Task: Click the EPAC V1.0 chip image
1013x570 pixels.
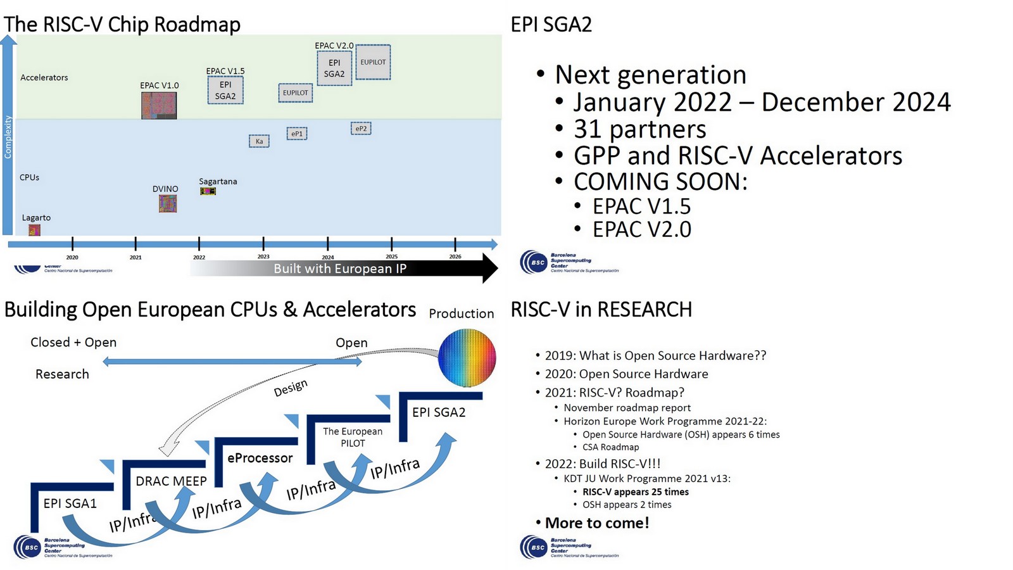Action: coord(159,105)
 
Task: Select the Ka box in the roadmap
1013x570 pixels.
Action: coord(259,141)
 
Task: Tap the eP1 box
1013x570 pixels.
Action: coord(297,134)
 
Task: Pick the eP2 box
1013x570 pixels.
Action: coord(361,129)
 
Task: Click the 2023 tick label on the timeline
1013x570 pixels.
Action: coord(263,256)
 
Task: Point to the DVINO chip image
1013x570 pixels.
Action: coord(168,203)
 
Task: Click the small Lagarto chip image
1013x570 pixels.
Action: coord(34,229)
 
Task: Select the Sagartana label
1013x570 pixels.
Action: coord(218,181)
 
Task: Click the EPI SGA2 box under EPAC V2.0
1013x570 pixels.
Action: coord(334,68)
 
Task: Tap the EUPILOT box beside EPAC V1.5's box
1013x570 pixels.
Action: coord(296,92)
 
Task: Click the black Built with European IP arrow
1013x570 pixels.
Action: coord(342,269)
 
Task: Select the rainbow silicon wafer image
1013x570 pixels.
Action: coord(467,358)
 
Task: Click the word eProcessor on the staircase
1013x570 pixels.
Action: coord(260,458)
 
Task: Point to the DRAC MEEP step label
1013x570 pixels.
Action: coord(171,481)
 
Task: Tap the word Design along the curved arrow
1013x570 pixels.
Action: coord(291,388)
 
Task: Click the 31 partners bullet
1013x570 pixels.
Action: coord(639,129)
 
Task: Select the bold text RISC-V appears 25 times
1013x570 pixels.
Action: coord(635,492)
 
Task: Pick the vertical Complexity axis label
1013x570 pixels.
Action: coord(8,137)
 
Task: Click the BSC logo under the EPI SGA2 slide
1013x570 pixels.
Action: coord(534,262)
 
